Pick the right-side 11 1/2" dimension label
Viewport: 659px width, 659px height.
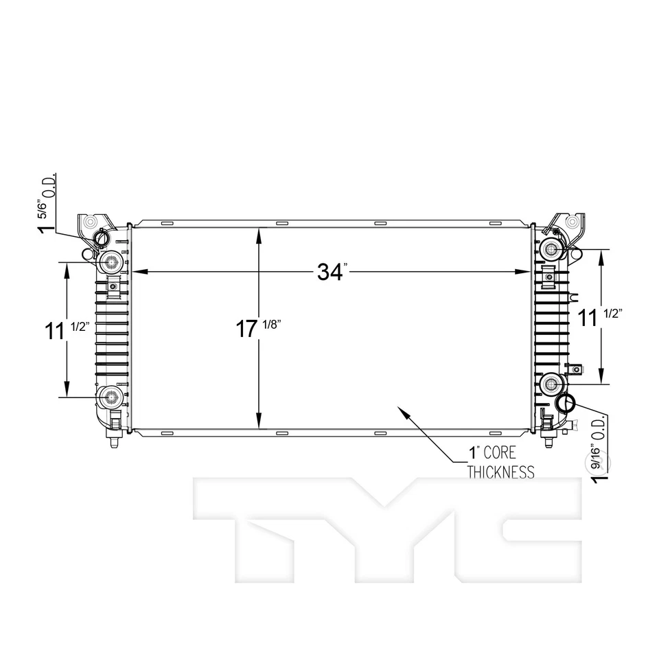(x=599, y=318)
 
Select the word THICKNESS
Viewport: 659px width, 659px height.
(x=500, y=472)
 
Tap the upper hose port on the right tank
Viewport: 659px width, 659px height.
(x=551, y=249)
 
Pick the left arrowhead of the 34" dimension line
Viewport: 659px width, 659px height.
(x=135, y=273)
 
